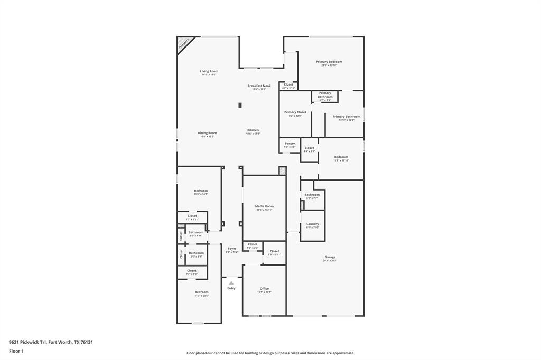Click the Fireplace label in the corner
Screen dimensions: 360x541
(184, 44)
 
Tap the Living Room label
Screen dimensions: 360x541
(209, 71)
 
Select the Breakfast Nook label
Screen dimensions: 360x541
(259, 86)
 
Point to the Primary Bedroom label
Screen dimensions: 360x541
(329, 62)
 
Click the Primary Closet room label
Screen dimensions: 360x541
(295, 112)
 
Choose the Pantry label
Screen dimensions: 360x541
(290, 143)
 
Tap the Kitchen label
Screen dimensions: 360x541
(253, 130)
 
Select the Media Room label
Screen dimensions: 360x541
(264, 206)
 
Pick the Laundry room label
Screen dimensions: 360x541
(312, 224)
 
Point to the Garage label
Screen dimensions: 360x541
(330, 258)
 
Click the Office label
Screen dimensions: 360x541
(264, 289)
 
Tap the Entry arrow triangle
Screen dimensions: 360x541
(231, 283)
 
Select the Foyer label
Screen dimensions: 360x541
(231, 249)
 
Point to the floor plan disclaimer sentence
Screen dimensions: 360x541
(270, 353)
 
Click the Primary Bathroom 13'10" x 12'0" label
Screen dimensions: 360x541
(346, 117)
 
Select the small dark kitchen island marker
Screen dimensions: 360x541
(240, 106)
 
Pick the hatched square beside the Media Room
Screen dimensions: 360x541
(282, 170)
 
